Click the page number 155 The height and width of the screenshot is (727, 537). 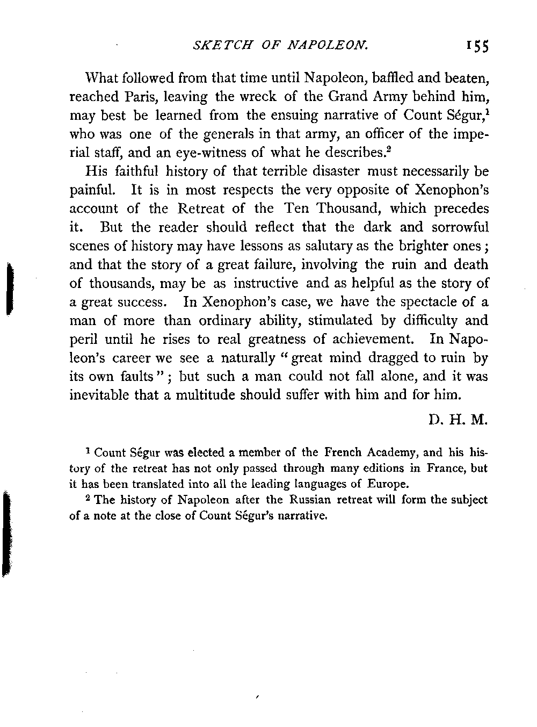477,47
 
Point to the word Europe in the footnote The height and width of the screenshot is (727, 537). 387,483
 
